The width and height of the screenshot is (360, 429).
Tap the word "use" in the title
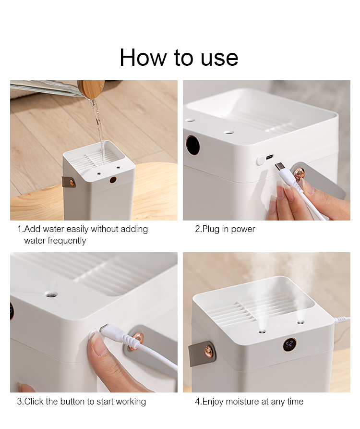click(219, 58)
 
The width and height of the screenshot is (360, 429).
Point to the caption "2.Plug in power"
click(225, 229)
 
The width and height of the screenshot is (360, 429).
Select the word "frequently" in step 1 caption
click(55, 241)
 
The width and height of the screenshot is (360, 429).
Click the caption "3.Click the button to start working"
click(82, 402)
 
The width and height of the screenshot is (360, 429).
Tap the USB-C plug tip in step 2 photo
click(280, 167)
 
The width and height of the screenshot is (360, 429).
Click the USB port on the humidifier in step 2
click(269, 157)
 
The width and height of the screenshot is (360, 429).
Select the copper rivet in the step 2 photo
click(299, 173)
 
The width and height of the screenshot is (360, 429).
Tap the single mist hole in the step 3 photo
click(50, 294)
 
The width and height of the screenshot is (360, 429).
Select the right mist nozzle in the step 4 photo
click(301, 321)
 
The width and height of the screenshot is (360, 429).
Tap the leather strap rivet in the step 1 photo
click(72, 182)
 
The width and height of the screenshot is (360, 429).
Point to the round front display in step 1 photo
click(113, 180)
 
